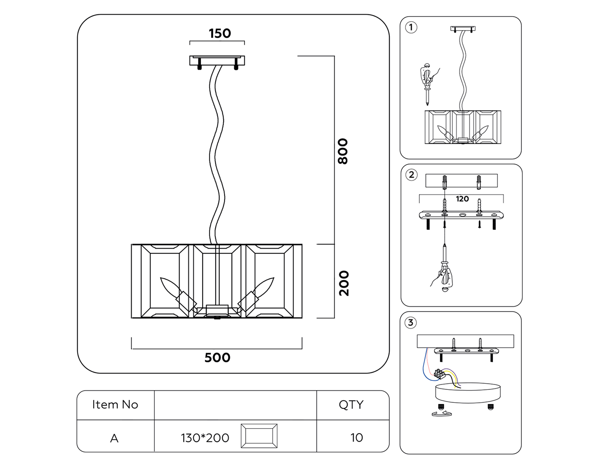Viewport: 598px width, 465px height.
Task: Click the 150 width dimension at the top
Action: (x=220, y=33)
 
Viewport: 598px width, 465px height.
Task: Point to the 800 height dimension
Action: (x=343, y=151)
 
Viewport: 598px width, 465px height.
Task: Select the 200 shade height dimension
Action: (x=344, y=283)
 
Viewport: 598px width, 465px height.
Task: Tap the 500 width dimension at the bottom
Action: (x=217, y=358)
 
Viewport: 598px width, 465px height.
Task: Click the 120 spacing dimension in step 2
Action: (x=462, y=199)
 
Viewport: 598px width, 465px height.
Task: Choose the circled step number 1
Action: (x=411, y=27)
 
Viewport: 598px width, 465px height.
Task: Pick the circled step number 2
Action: (x=412, y=175)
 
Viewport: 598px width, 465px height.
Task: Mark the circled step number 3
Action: (x=411, y=323)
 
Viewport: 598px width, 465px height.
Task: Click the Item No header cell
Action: (x=115, y=405)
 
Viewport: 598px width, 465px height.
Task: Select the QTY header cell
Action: (x=351, y=405)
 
